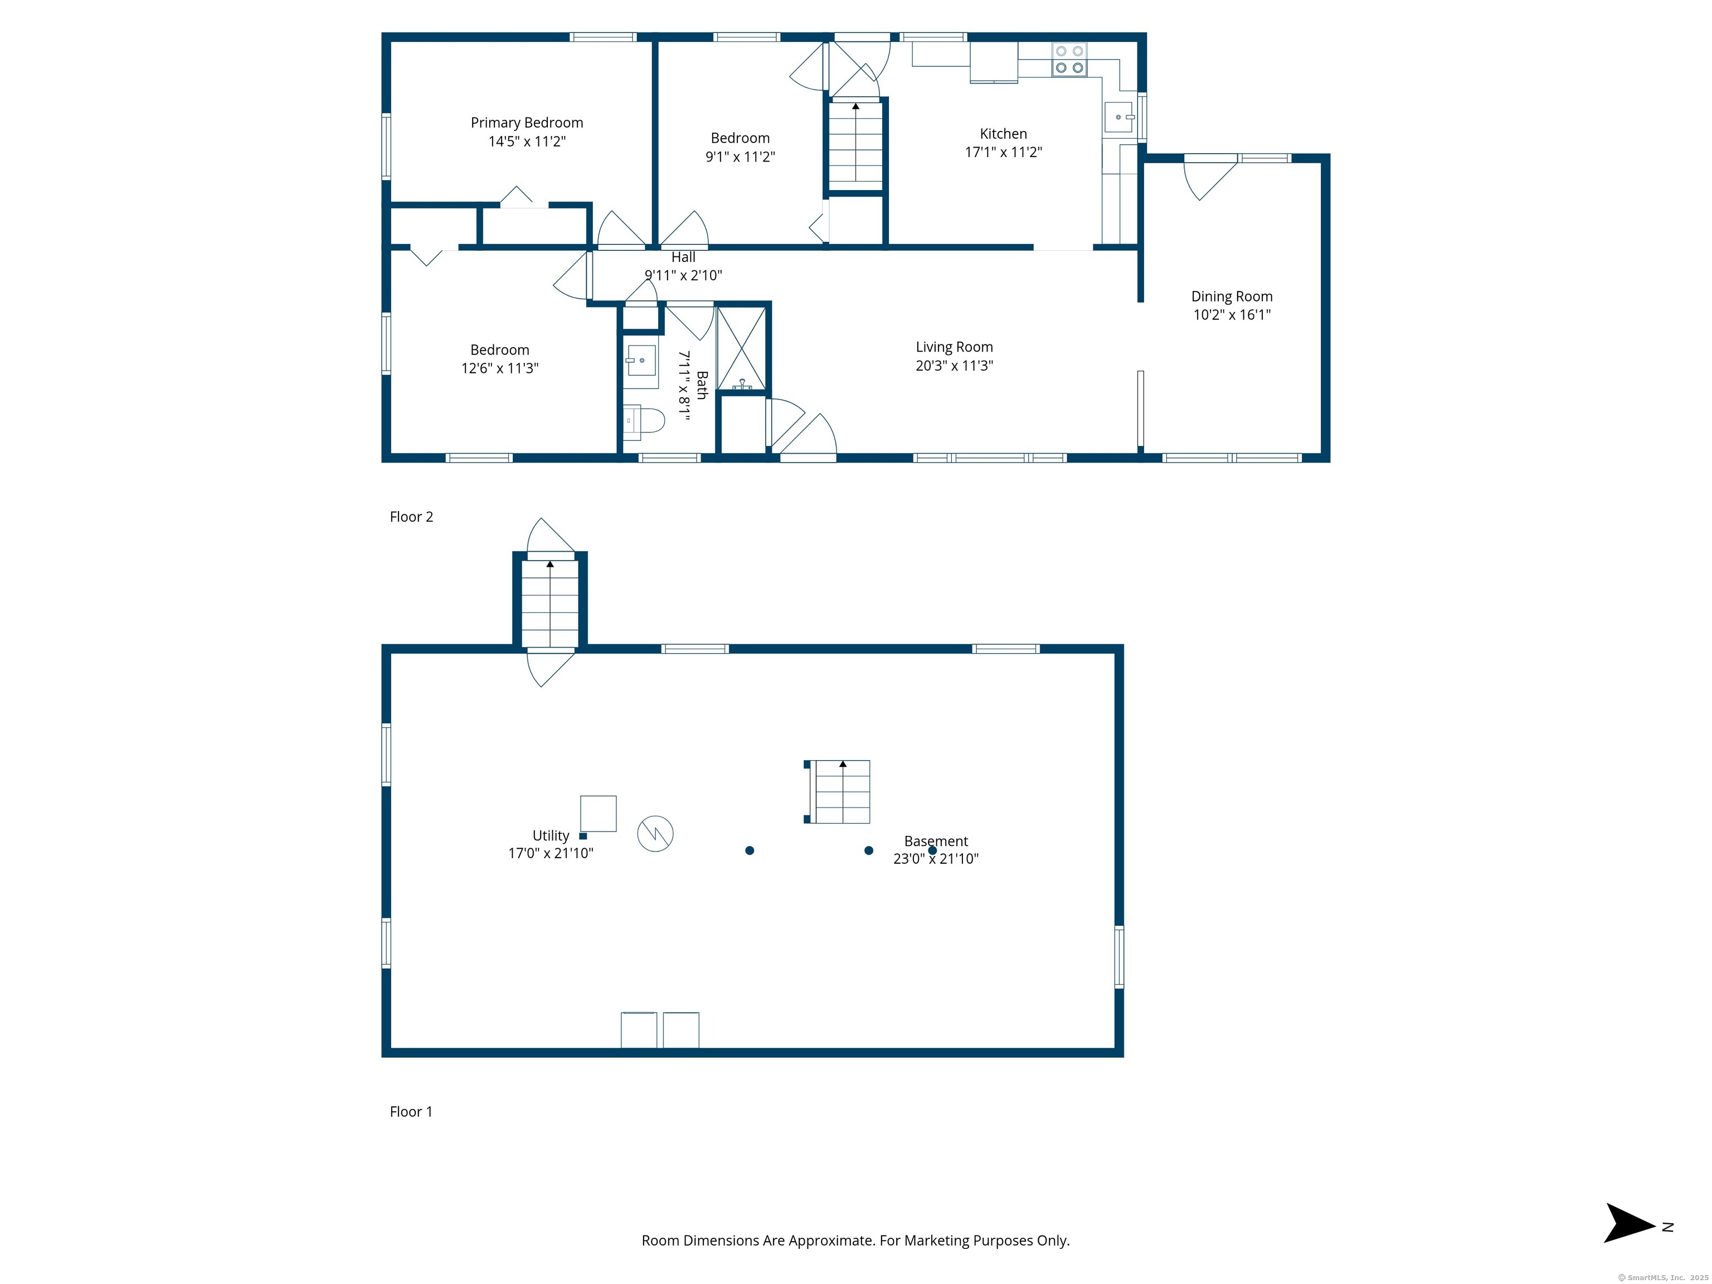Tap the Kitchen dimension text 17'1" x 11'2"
1003,152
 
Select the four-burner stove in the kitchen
1069,60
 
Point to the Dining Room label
1232,296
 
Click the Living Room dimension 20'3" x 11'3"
954,366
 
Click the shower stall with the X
741,348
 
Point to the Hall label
683,257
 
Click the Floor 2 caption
411,516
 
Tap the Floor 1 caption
411,1111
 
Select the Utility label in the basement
550,835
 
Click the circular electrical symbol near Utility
655,834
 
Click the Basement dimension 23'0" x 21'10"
936,858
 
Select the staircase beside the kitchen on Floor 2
855,145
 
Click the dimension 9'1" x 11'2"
740,157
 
